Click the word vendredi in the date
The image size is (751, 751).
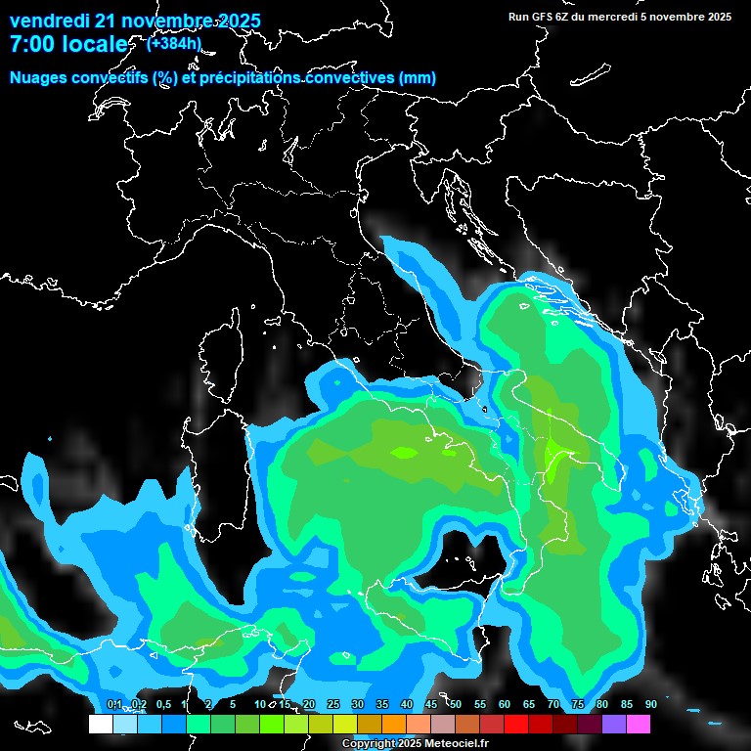[x=49, y=21]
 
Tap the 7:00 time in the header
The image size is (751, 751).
[x=32, y=44]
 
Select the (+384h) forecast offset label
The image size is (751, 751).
[x=173, y=43]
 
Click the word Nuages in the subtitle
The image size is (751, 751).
[x=38, y=77]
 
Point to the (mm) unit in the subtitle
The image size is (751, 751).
[x=418, y=77]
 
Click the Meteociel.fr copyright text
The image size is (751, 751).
[x=416, y=744]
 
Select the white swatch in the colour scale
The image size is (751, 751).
[x=101, y=724]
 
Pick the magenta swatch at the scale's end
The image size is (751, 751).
[x=639, y=724]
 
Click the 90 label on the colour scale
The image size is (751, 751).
[x=650, y=705]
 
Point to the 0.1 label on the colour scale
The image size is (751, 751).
[x=113, y=705]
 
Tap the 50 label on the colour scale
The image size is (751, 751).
[x=456, y=705]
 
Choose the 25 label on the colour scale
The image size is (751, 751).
[x=333, y=705]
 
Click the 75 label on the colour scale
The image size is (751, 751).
[x=578, y=705]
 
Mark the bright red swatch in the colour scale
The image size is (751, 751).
[x=516, y=724]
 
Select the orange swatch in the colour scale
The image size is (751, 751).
[x=394, y=724]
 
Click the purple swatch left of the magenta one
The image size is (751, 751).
[x=614, y=724]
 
